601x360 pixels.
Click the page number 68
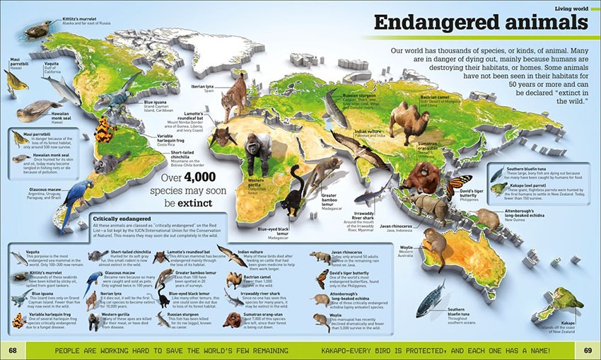[12, 351]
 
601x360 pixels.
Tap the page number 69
[588, 351]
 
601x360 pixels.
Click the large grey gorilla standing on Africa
[259, 153]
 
